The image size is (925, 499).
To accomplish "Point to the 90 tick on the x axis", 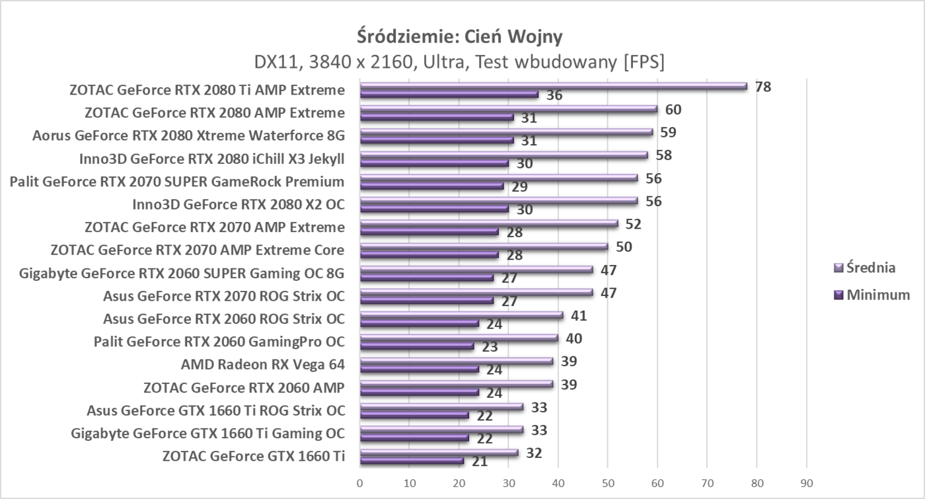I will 806,484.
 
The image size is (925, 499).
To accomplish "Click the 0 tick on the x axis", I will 359,484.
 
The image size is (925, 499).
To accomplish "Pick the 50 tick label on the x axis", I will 608,484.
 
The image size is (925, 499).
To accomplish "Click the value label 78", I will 763,87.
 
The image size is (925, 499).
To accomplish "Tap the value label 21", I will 480,461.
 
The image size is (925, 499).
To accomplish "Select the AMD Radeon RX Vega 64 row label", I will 263,364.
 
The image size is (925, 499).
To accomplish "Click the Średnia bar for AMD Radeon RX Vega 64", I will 457,361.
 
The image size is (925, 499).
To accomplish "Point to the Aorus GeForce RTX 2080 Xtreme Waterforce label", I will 189,135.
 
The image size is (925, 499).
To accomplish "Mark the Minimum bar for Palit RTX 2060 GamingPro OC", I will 416,346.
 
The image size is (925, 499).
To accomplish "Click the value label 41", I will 579,315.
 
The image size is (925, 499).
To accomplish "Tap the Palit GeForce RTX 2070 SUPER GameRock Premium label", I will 177,181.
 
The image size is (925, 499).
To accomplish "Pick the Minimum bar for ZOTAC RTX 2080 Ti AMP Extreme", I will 449,95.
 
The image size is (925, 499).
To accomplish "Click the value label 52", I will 634,224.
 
